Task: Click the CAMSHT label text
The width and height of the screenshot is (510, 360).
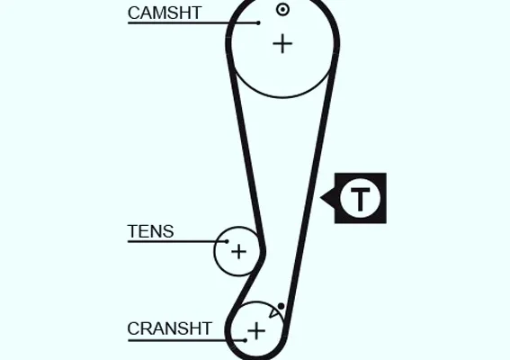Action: [x=165, y=13]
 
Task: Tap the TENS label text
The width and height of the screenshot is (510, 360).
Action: [x=150, y=231]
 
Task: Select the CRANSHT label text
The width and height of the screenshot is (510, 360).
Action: [x=169, y=328]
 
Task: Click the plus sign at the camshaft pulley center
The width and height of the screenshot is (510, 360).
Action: [x=282, y=43]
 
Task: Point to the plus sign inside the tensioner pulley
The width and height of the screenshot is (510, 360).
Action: [x=238, y=252]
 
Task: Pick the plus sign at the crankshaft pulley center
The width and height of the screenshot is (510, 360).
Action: [x=256, y=331]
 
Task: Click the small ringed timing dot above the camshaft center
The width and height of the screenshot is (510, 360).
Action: [x=282, y=9]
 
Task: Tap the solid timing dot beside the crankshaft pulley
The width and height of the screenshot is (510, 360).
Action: [x=281, y=306]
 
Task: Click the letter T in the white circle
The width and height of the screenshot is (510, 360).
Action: [x=360, y=199]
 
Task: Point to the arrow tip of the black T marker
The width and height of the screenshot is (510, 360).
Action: [x=321, y=197]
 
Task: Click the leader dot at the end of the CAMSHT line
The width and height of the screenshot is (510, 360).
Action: [x=258, y=22]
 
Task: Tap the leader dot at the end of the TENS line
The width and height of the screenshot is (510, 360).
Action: [x=227, y=241]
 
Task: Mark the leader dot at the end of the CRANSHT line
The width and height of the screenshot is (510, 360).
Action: [x=246, y=340]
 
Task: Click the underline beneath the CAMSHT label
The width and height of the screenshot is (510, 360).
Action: [x=192, y=22]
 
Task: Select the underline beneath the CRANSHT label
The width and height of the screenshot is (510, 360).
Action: [x=186, y=340]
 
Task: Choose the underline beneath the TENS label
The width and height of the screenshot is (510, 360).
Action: [x=177, y=241]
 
